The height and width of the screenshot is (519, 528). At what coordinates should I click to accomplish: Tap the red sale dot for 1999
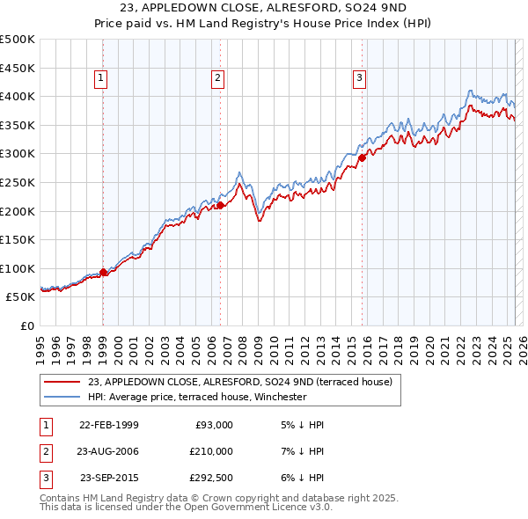point(104,272)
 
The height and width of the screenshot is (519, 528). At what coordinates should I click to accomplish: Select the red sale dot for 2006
point(220,205)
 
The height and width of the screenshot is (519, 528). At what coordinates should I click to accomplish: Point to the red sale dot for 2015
point(362,158)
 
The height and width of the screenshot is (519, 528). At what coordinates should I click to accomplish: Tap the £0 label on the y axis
point(27,325)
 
